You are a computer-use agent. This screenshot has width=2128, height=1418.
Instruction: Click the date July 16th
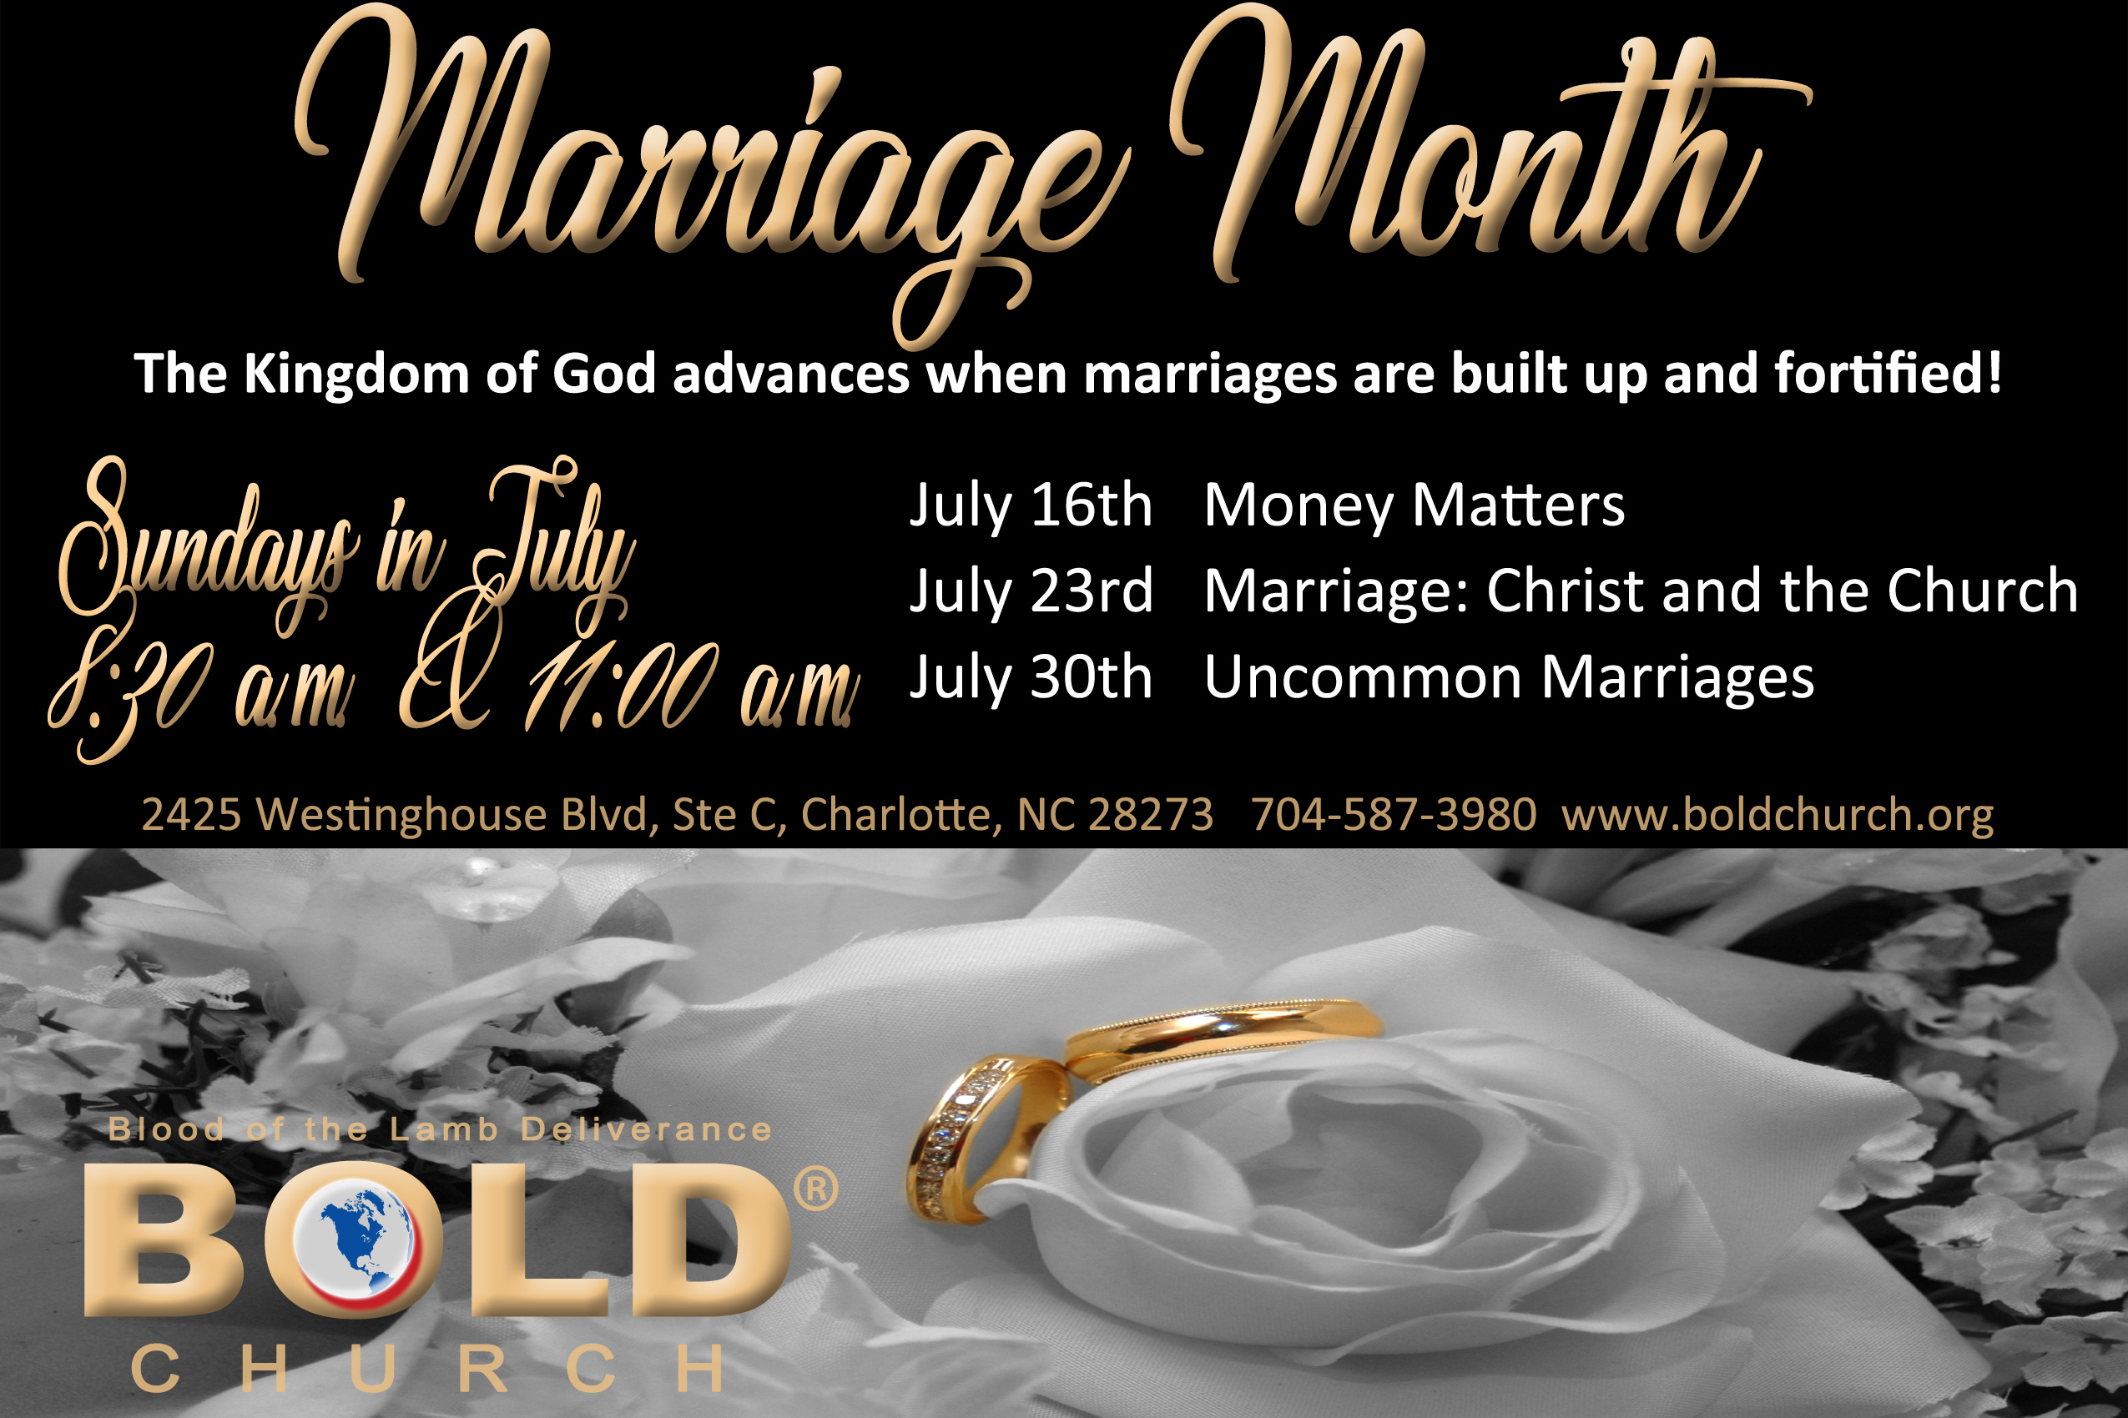click(1031, 505)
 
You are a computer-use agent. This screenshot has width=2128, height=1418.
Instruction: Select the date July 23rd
click(1031, 592)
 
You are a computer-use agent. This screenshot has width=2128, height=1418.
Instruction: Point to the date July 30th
click(1031, 678)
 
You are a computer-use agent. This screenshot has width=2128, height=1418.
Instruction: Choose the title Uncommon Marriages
click(1509, 678)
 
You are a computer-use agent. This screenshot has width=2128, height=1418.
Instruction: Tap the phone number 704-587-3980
click(1394, 815)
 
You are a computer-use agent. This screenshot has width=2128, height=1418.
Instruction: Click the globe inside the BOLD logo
click(355, 1238)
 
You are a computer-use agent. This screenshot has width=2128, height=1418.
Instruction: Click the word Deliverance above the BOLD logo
click(646, 1129)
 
